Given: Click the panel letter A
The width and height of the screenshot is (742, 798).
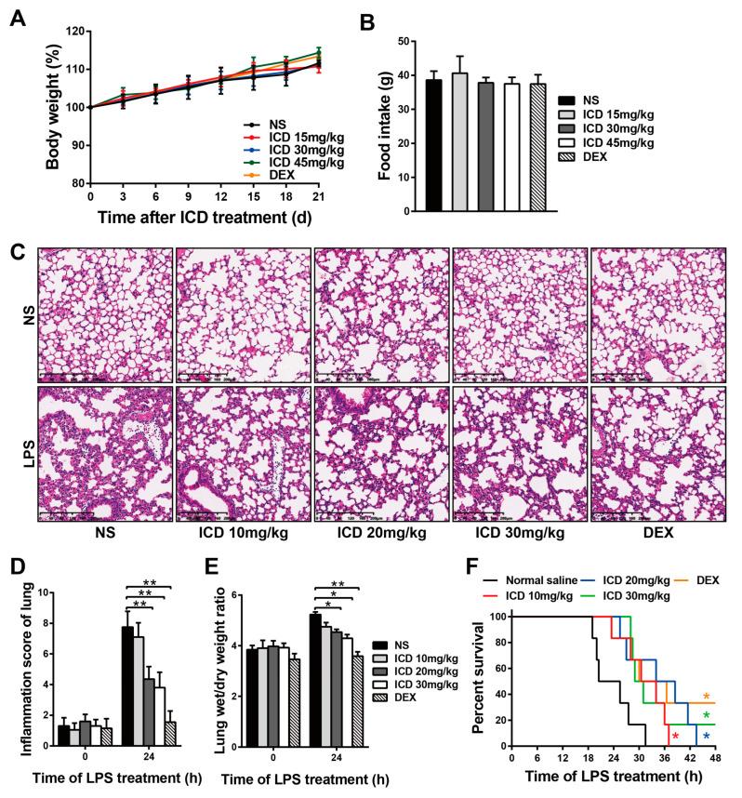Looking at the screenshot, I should coord(18,17).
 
